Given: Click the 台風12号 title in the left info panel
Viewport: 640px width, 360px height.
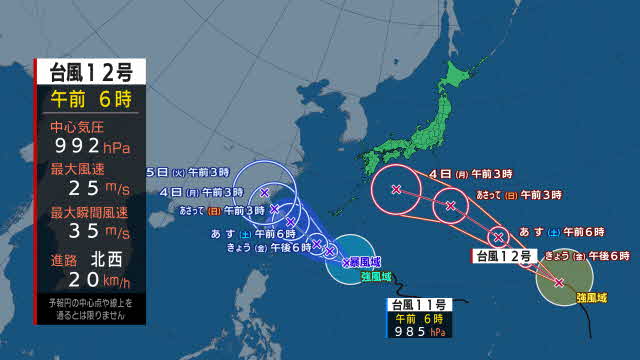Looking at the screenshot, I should (x=89, y=71).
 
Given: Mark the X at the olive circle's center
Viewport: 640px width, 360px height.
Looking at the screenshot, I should (x=559, y=282).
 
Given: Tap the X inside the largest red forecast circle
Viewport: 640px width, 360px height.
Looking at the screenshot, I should (x=396, y=189).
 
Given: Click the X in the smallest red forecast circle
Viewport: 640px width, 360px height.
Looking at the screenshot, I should (x=498, y=237).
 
